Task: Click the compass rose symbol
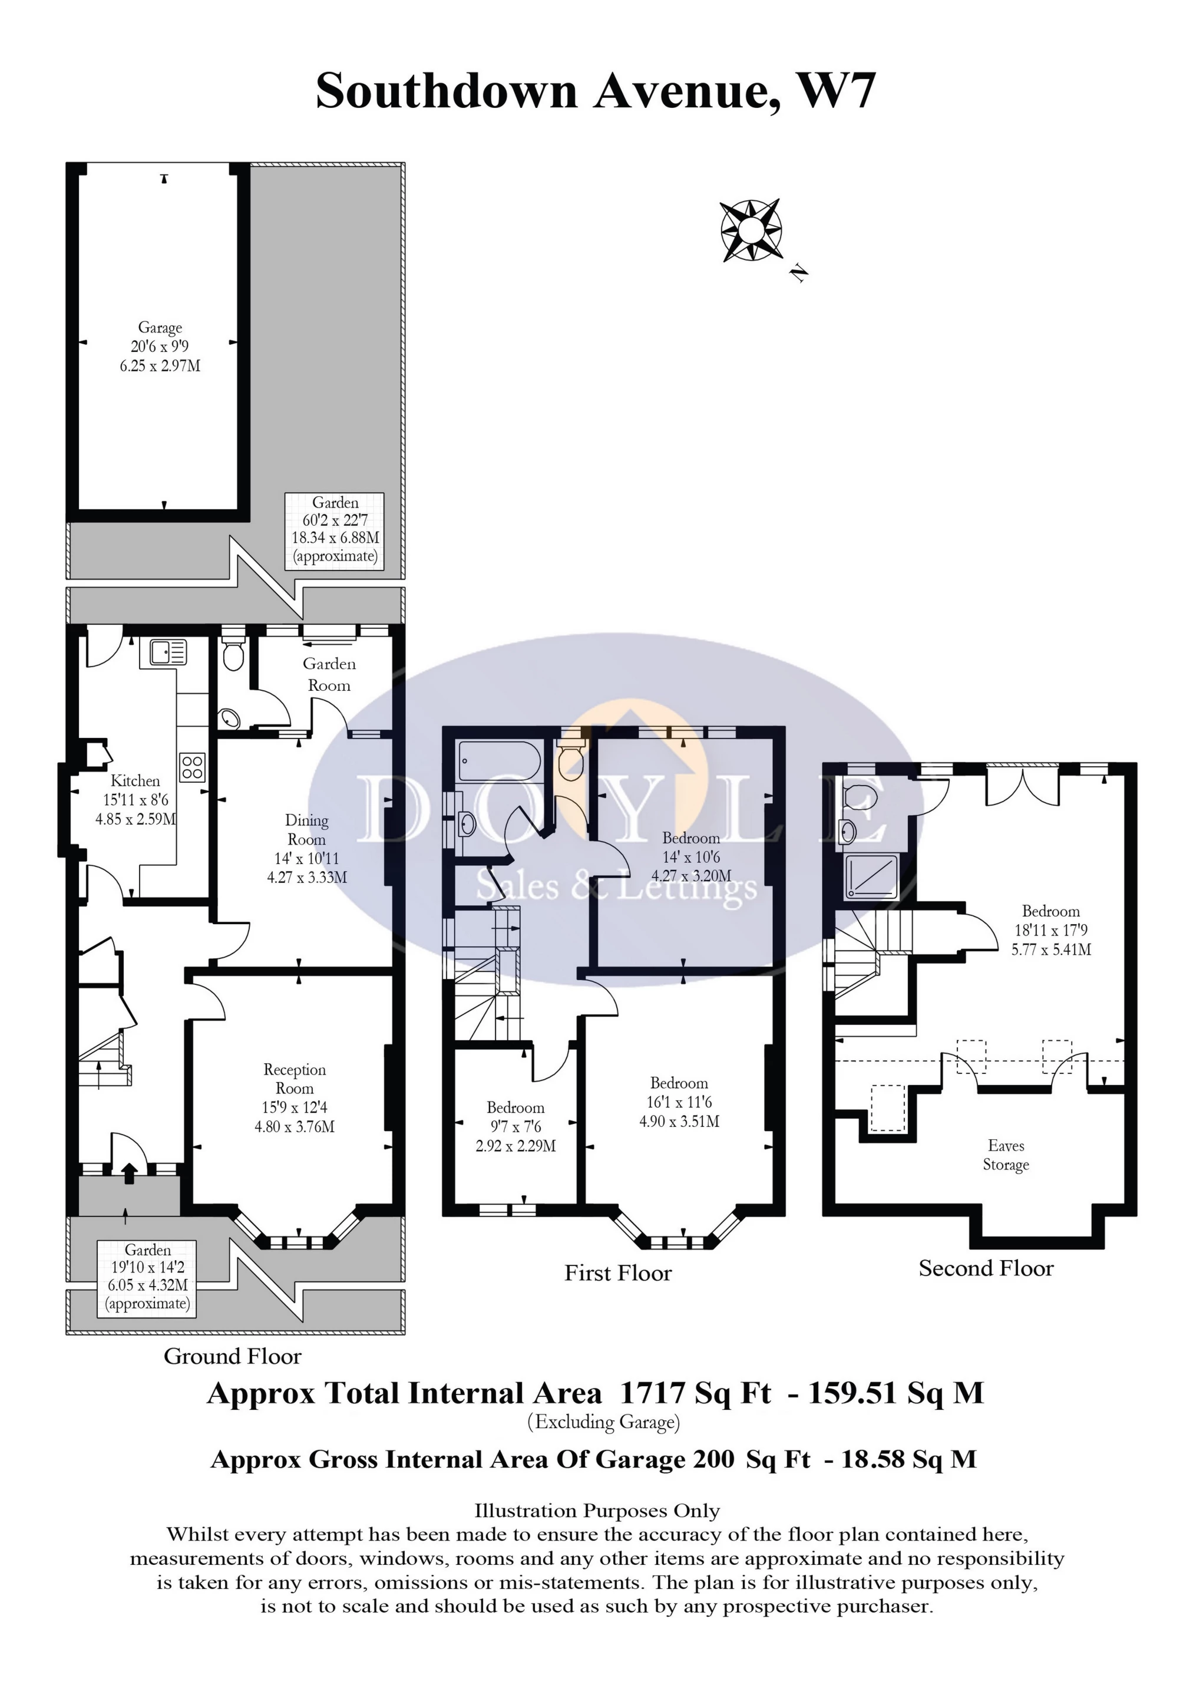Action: (751, 230)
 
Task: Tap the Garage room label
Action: (160, 328)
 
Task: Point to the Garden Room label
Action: (329, 674)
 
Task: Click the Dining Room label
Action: (306, 829)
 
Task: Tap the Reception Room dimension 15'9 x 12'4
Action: (295, 1107)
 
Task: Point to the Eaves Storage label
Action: (1006, 1155)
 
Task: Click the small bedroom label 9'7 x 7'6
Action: (515, 1127)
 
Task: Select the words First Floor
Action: (618, 1272)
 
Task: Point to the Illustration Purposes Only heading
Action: (597, 1511)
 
